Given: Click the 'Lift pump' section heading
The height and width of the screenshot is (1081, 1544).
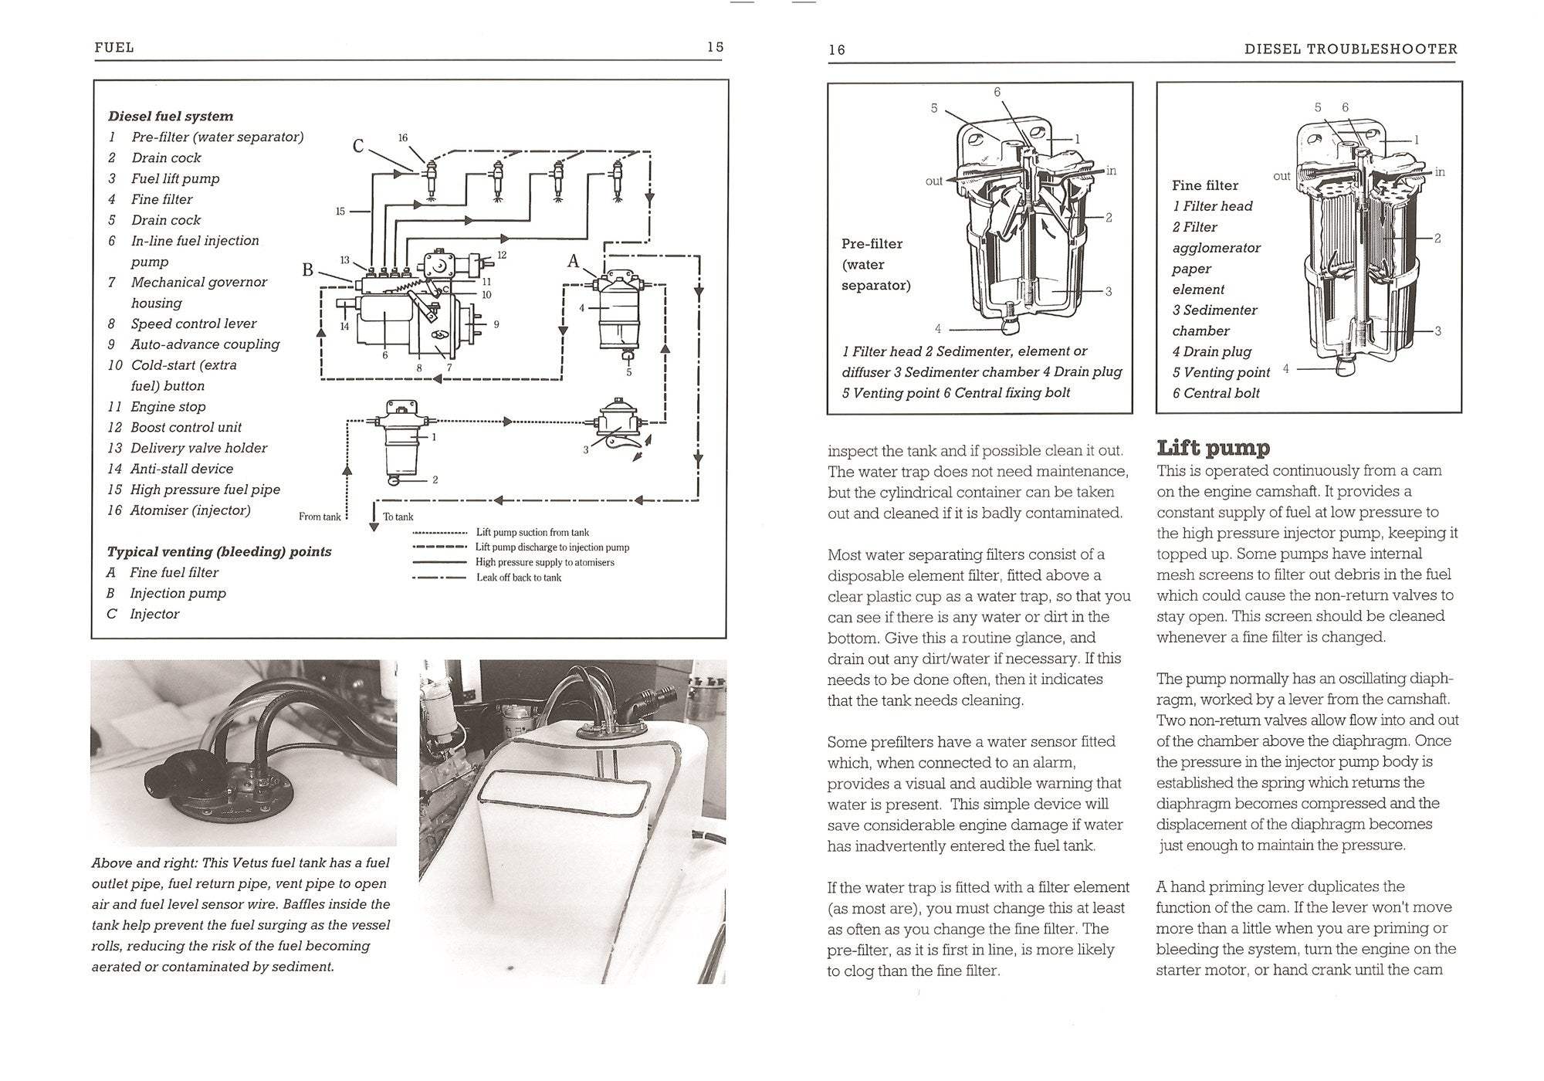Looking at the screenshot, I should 1213,448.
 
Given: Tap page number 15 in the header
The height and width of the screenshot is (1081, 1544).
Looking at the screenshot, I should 715,47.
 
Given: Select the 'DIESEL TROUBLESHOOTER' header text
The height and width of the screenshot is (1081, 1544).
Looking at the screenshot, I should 1350,49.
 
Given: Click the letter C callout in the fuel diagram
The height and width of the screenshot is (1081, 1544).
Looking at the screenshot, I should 358,146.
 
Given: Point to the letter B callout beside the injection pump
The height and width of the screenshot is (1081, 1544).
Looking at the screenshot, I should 307,269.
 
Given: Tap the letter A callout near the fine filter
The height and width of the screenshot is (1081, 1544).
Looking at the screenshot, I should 573,261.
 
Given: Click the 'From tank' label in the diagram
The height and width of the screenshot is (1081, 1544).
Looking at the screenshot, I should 320,517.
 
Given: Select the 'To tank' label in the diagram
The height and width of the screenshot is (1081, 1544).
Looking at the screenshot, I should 398,517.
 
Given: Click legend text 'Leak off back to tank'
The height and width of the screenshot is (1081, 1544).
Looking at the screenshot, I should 519,578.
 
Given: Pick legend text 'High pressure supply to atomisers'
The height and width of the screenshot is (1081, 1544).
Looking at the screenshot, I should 545,562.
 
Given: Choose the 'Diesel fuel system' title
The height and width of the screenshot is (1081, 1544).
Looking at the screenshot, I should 171,117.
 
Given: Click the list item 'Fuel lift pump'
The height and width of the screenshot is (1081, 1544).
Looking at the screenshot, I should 175,178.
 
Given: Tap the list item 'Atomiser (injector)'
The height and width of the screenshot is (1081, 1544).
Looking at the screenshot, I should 190,510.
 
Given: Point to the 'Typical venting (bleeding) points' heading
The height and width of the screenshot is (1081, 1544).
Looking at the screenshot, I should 219,551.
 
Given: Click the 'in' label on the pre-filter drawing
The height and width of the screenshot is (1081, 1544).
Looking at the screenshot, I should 1111,171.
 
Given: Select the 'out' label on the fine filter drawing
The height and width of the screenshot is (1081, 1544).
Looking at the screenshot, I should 1282,176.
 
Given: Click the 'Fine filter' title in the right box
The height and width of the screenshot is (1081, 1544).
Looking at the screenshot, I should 1204,185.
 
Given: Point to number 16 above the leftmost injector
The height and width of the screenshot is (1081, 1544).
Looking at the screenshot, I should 402,138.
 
